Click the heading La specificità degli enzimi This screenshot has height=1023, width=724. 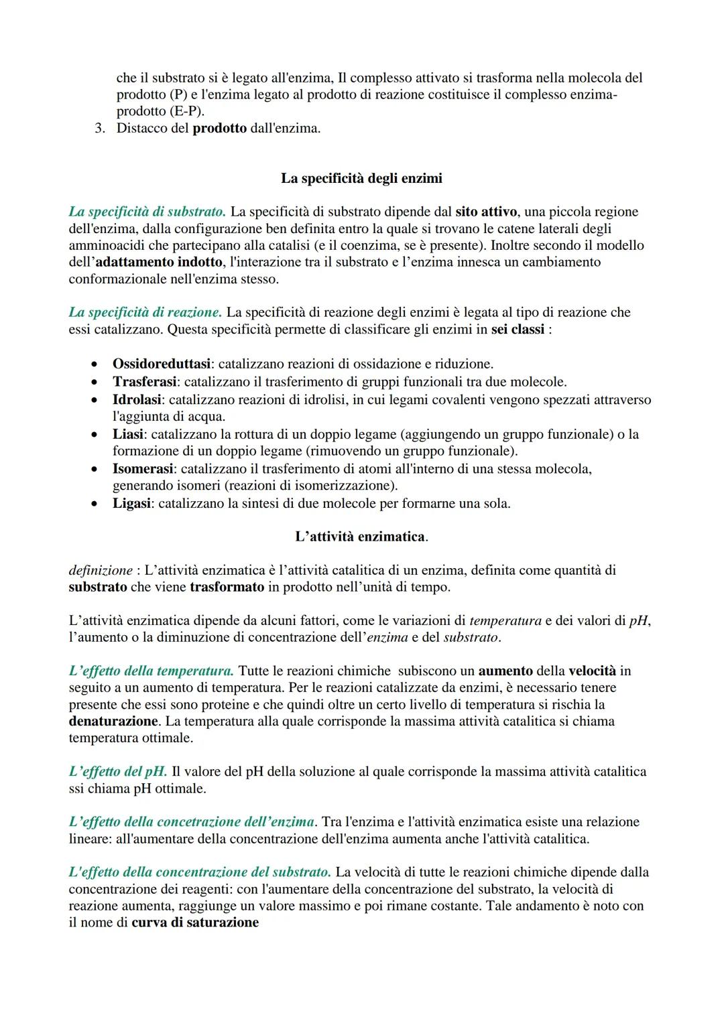click(x=361, y=178)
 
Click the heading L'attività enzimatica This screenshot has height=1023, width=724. click(x=361, y=537)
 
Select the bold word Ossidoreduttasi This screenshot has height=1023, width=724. click(x=162, y=364)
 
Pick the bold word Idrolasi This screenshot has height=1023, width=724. click(x=137, y=400)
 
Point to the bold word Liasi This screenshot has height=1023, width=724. click(x=128, y=434)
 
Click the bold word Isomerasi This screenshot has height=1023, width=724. click(x=143, y=469)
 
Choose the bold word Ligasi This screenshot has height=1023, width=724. click(x=131, y=503)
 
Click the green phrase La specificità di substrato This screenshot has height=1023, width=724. click(x=147, y=212)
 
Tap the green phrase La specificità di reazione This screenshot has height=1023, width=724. click(x=145, y=312)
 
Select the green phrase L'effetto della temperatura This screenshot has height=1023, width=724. click(x=151, y=671)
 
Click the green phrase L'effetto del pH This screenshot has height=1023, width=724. click(x=117, y=771)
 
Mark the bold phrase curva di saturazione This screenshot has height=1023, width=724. click(x=195, y=923)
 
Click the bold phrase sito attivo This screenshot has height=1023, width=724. click(x=486, y=212)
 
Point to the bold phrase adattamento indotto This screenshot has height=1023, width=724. click(x=159, y=262)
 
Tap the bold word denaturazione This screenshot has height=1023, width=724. click(x=113, y=722)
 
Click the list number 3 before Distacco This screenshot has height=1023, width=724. click(x=99, y=128)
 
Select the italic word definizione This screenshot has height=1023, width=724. click(x=101, y=570)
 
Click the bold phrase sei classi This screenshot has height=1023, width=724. click(x=518, y=330)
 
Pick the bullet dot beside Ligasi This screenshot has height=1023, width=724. click(x=98, y=503)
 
